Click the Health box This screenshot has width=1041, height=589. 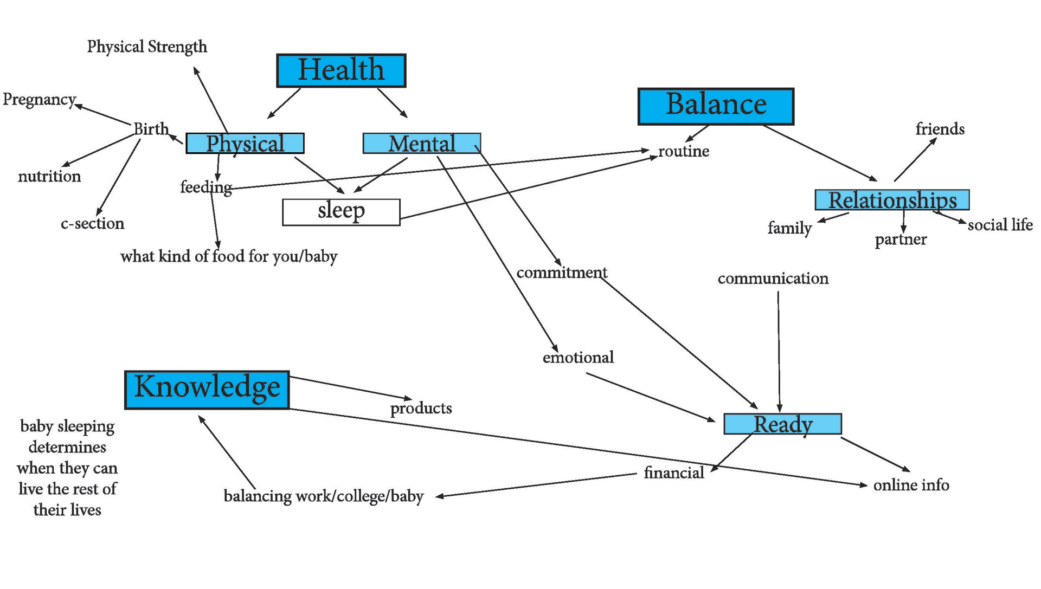341,70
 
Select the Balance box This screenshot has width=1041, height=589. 716,106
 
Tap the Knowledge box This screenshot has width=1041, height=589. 207,390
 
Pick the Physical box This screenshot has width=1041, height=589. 245,143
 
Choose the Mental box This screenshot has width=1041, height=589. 421,143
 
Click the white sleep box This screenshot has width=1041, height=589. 341,212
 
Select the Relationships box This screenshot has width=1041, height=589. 892,200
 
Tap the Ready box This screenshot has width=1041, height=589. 782,424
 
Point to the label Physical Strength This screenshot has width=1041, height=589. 147,47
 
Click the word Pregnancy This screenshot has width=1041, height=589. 39,100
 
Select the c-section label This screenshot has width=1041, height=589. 92,223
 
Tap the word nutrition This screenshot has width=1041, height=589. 49,176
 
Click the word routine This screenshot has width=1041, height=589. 683,151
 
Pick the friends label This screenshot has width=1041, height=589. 940,129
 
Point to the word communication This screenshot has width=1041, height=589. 773,279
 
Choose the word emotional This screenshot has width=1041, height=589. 578,358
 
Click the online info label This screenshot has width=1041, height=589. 911,485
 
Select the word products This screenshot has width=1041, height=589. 421,408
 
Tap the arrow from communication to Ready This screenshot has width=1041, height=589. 779,352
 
